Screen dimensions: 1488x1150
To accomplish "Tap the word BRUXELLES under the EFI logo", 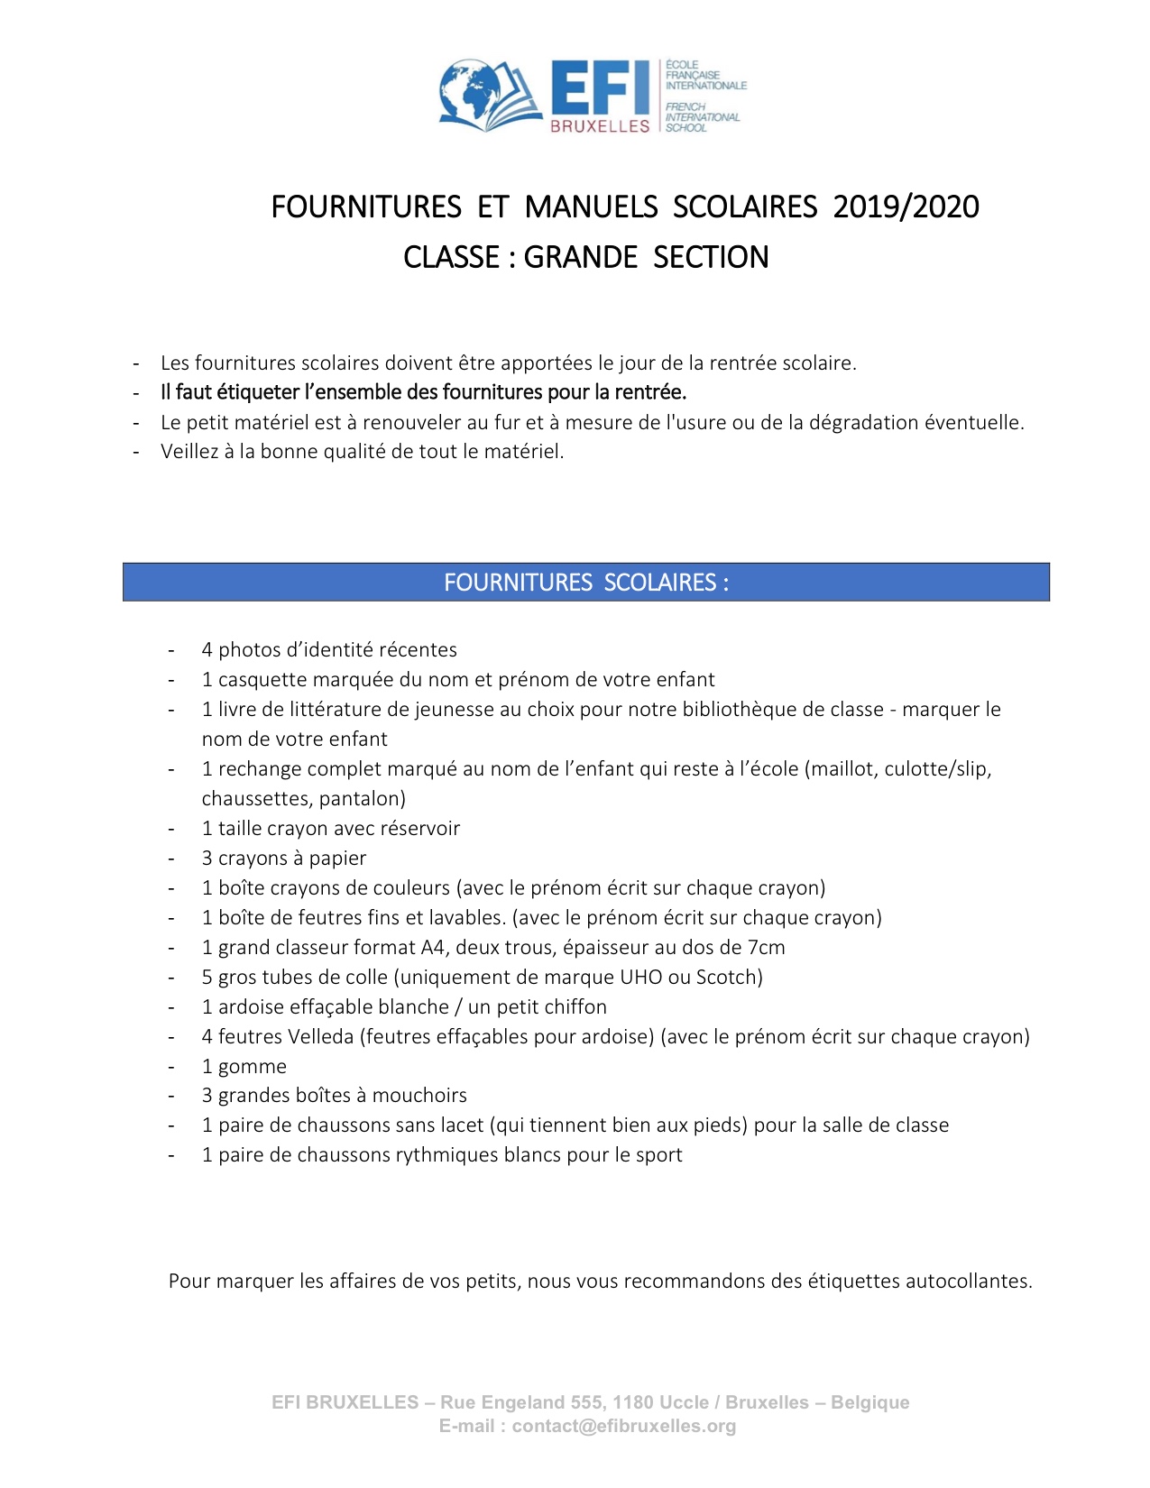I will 600,126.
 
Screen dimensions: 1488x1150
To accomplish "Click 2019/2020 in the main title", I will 906,207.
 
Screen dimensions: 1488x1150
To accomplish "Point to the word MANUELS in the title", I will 591,207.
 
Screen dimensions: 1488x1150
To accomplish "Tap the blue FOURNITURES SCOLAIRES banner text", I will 585,583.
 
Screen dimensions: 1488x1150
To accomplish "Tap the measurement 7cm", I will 766,948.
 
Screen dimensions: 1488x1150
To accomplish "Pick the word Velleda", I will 320,1037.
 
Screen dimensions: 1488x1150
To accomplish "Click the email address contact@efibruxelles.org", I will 624,1427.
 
